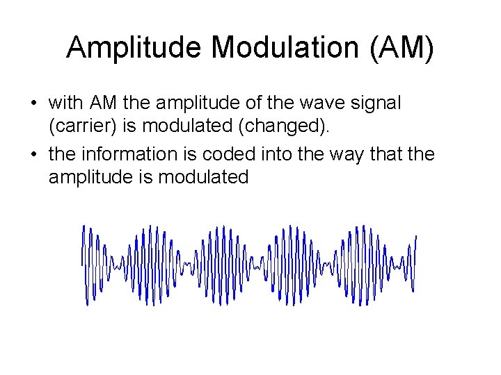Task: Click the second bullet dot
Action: pos(33,154)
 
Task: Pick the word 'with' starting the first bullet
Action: pos(66,103)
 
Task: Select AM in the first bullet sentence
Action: pos(104,103)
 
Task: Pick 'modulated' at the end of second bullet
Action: pos(202,178)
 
